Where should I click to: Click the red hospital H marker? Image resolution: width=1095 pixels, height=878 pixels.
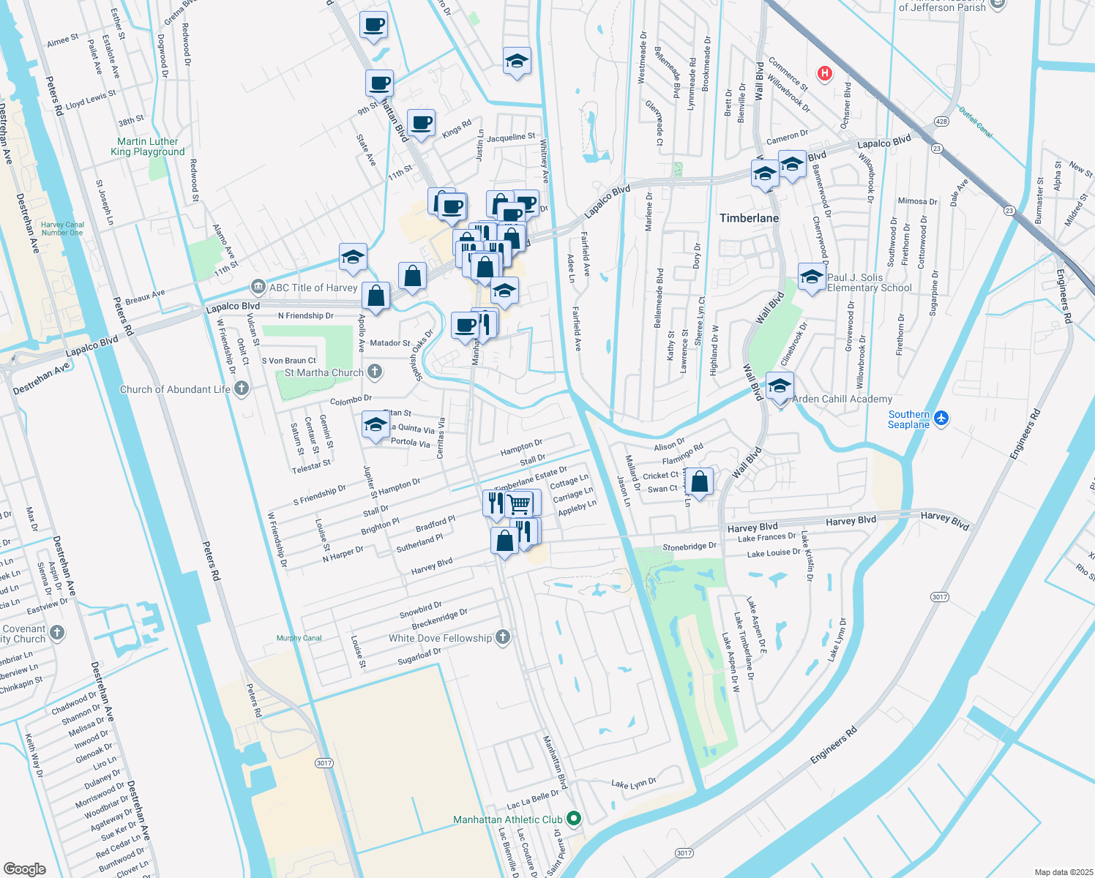pyautogui.click(x=825, y=73)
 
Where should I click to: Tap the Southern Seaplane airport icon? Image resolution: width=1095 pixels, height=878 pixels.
pyautogui.click(x=941, y=419)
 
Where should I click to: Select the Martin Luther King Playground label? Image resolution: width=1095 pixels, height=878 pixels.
pyautogui.click(x=148, y=146)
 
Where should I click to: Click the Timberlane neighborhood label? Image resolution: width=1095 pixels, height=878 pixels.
pyautogui.click(x=749, y=218)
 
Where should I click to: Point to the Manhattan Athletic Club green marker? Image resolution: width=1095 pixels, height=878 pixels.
pyautogui.click(x=574, y=819)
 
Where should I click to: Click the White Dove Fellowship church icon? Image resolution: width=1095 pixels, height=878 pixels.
pyautogui.click(x=502, y=637)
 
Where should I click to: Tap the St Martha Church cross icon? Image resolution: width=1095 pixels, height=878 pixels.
pyautogui.click(x=375, y=372)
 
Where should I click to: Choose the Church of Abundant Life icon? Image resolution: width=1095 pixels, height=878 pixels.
pyautogui.click(x=242, y=389)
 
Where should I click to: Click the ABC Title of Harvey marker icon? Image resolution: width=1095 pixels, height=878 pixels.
pyautogui.click(x=257, y=287)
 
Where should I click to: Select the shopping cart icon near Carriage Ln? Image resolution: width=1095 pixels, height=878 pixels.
pyautogui.click(x=519, y=503)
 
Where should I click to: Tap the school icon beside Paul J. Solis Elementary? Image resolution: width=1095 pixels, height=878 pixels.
pyautogui.click(x=812, y=277)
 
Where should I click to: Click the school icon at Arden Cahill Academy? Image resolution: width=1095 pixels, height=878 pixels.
pyautogui.click(x=780, y=386)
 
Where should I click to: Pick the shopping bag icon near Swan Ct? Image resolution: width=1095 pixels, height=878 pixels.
pyautogui.click(x=700, y=481)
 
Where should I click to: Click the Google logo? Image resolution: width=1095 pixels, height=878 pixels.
pyautogui.click(x=25, y=868)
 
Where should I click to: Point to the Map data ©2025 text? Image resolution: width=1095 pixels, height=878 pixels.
pyautogui.click(x=1063, y=872)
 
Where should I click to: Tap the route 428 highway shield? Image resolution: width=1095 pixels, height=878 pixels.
pyautogui.click(x=941, y=121)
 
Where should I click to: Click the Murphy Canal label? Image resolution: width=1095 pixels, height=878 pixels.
pyautogui.click(x=299, y=638)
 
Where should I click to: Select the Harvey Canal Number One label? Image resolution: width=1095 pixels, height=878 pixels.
pyautogui.click(x=62, y=229)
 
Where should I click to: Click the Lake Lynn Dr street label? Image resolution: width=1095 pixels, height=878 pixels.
pyautogui.click(x=633, y=784)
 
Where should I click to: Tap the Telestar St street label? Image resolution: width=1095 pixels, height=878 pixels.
pyautogui.click(x=311, y=466)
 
